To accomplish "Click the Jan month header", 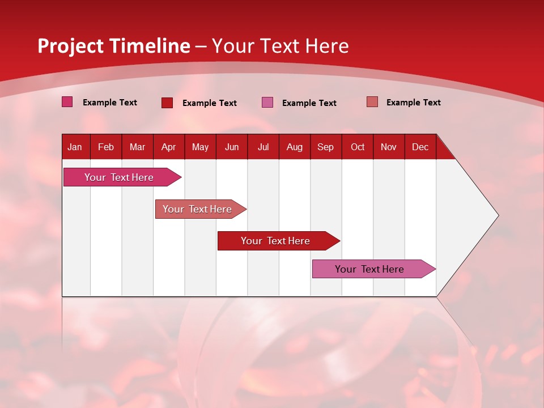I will [75, 147].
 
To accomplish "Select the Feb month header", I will [106, 147].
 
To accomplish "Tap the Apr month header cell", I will [169, 147].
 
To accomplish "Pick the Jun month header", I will [232, 147].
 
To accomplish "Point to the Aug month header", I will [295, 147].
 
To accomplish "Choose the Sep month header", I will [326, 147].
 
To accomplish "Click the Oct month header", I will [358, 147].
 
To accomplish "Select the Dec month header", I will [420, 147].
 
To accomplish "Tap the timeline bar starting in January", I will [119, 177].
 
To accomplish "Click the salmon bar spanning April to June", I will [197, 209].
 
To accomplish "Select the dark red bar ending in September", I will [275, 241].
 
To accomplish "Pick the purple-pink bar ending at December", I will [369, 269].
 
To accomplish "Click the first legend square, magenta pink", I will [67, 102].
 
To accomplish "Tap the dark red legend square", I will [167, 103].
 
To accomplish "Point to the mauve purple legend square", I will [267, 103].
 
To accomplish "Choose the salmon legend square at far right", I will [372, 102].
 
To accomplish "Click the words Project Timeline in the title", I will [113, 46].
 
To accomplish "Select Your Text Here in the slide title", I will [280, 46].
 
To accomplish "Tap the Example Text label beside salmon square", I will [413, 103].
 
